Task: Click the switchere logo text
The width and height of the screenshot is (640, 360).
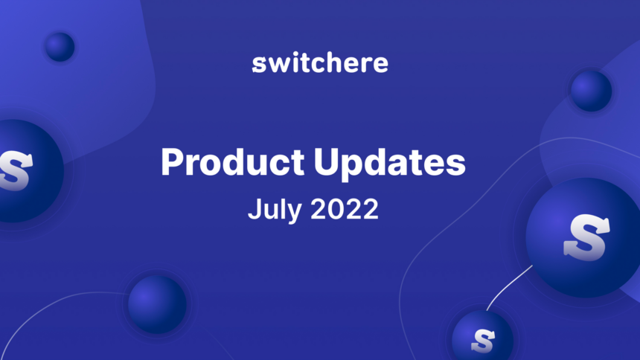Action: pos(320,63)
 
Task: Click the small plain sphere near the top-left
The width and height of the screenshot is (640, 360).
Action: pos(60,47)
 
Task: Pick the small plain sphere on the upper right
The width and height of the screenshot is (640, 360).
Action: pos(591,91)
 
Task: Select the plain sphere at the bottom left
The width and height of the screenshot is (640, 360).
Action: pos(156,303)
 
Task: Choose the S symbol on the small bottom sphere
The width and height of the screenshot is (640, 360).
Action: pos(483,339)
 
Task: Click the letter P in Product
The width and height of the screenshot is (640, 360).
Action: pos(170,162)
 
